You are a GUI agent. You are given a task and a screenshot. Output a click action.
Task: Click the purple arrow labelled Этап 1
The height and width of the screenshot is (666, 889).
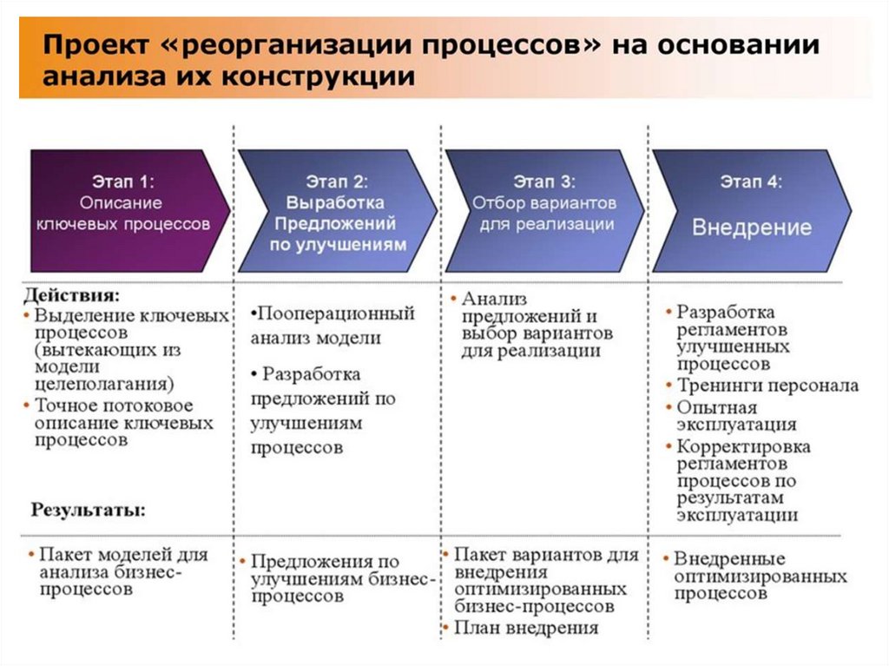click(x=126, y=211)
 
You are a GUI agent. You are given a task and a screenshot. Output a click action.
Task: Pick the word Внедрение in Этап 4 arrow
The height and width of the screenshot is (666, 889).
click(x=752, y=227)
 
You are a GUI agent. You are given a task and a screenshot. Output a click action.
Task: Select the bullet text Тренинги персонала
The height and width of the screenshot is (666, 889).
click(x=767, y=386)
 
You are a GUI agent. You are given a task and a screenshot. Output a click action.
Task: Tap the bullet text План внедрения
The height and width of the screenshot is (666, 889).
click(x=526, y=628)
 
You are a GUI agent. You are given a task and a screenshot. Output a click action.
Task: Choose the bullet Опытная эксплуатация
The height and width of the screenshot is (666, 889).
click(x=735, y=416)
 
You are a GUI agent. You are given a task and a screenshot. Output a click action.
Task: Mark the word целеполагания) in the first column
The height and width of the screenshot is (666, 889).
click(x=105, y=383)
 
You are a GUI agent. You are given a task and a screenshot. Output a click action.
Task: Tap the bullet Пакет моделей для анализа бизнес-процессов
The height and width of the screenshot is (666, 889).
click(x=122, y=571)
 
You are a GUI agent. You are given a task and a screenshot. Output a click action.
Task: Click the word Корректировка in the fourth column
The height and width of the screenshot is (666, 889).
click(x=744, y=447)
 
